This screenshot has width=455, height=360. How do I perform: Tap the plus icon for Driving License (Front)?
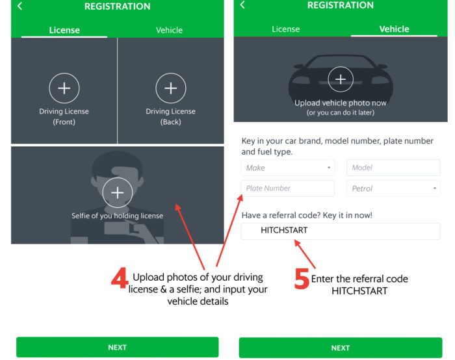[64, 88]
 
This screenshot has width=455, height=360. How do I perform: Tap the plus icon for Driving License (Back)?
[170, 88]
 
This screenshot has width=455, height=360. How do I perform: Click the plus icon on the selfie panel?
[118, 192]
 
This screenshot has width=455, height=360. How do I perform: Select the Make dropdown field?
[287, 168]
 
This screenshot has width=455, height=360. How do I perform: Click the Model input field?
[393, 168]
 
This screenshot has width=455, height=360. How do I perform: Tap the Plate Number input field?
[287, 188]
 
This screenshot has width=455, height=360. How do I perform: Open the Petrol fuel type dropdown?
[393, 188]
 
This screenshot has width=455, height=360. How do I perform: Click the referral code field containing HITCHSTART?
[341, 231]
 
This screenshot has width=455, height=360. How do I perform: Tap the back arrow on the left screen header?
[19, 6]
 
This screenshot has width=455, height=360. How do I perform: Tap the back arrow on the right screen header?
[242, 5]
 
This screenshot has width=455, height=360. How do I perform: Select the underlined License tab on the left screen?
[64, 30]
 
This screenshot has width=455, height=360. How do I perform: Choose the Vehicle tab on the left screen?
[169, 30]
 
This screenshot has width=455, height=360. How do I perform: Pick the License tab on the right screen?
[286, 29]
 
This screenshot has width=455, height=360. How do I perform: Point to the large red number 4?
[120, 278]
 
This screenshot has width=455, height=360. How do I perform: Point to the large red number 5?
[302, 279]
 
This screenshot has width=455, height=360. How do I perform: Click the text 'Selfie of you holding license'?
[117, 216]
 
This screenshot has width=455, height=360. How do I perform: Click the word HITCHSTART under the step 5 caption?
[359, 291]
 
